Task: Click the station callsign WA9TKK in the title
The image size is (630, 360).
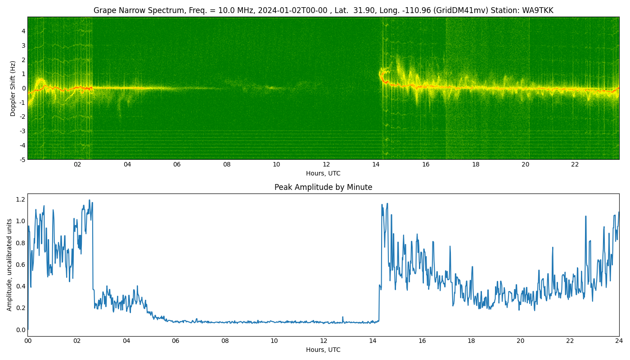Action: (537, 10)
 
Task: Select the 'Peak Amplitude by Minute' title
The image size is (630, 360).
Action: (323, 187)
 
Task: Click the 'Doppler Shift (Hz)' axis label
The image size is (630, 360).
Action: (13, 88)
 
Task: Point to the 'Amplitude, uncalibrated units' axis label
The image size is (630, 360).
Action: (9, 265)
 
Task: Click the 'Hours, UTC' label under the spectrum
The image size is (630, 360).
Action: (323, 173)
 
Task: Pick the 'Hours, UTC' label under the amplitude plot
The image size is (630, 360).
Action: (323, 350)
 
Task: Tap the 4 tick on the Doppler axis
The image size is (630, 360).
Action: (23, 31)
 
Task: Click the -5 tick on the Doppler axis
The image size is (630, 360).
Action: (22, 160)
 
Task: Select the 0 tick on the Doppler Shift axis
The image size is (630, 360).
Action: (23, 88)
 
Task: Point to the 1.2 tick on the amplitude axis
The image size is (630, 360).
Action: (21, 199)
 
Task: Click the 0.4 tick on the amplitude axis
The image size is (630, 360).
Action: (21, 286)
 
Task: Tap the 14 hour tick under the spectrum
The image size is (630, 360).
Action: (376, 165)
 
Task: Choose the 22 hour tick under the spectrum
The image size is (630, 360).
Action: (575, 165)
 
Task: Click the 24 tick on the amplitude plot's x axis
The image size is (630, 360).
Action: (619, 341)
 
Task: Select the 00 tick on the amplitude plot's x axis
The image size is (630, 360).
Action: (27, 341)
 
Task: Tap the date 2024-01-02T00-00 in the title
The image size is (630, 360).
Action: (292, 10)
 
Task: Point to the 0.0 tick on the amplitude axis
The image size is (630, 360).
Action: (21, 329)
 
